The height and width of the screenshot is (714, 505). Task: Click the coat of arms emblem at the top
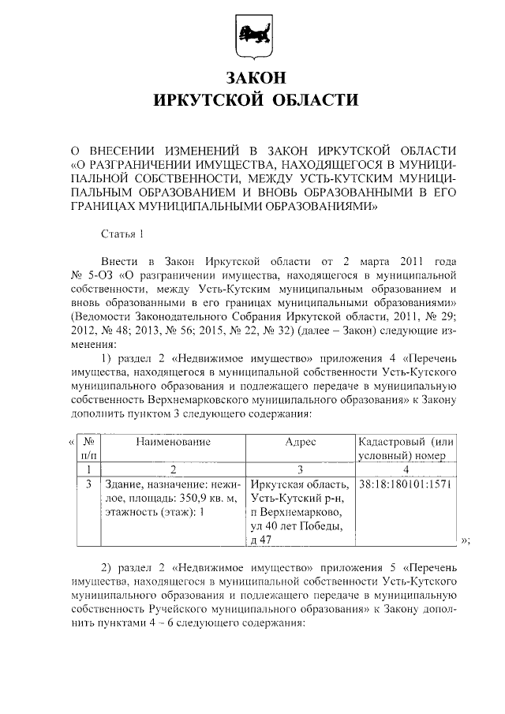coord(252,36)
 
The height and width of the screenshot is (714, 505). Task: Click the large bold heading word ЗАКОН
coord(252,78)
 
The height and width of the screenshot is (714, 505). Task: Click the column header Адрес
coord(300,443)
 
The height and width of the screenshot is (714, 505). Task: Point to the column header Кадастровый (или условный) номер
coord(406,450)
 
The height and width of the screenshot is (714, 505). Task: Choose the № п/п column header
coord(88,450)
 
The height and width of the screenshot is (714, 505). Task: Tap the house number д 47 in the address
coord(260,540)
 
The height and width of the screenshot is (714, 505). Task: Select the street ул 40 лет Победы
coord(292,525)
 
